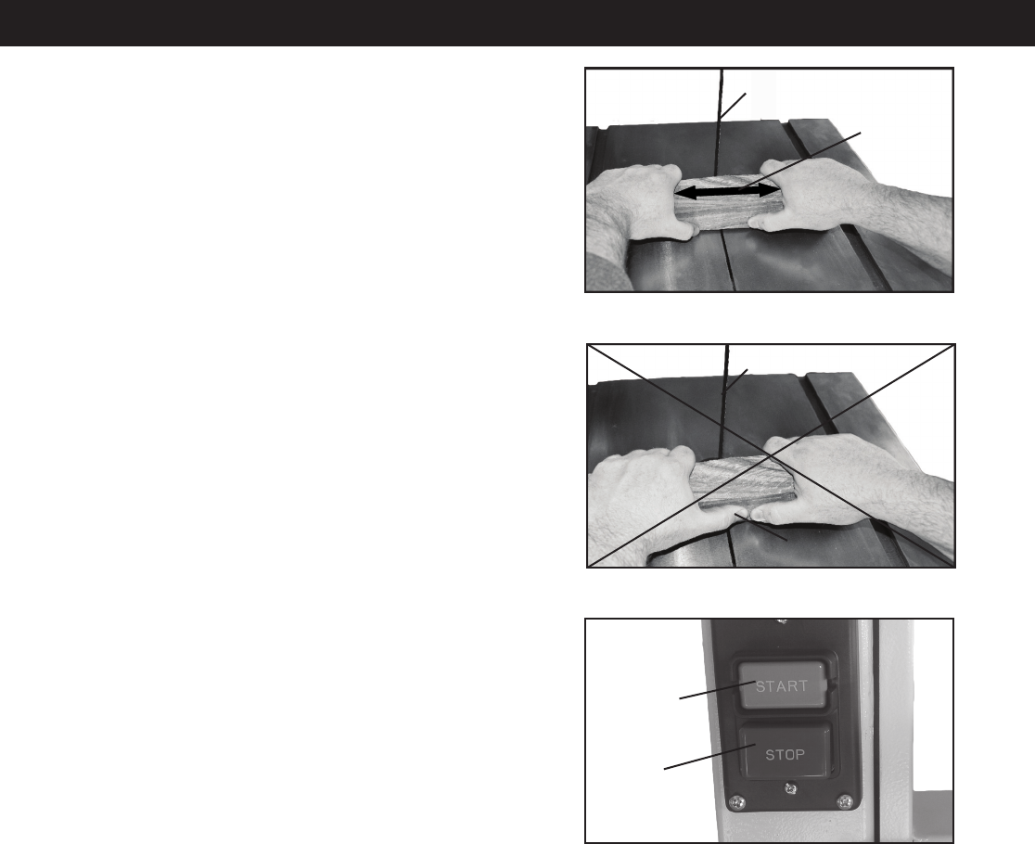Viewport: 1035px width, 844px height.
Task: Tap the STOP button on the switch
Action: (x=785, y=753)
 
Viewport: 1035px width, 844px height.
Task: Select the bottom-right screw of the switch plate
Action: (x=844, y=801)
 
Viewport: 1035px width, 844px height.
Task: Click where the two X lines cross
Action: (x=771, y=455)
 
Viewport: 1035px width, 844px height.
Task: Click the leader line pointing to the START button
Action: (x=718, y=690)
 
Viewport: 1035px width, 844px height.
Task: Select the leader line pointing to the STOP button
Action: (x=709, y=756)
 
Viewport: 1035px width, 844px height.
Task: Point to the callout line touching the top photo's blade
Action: (x=733, y=107)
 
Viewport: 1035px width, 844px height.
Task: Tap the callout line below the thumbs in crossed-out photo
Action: (x=760, y=527)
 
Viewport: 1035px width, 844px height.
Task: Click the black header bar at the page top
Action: (x=517, y=22)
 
